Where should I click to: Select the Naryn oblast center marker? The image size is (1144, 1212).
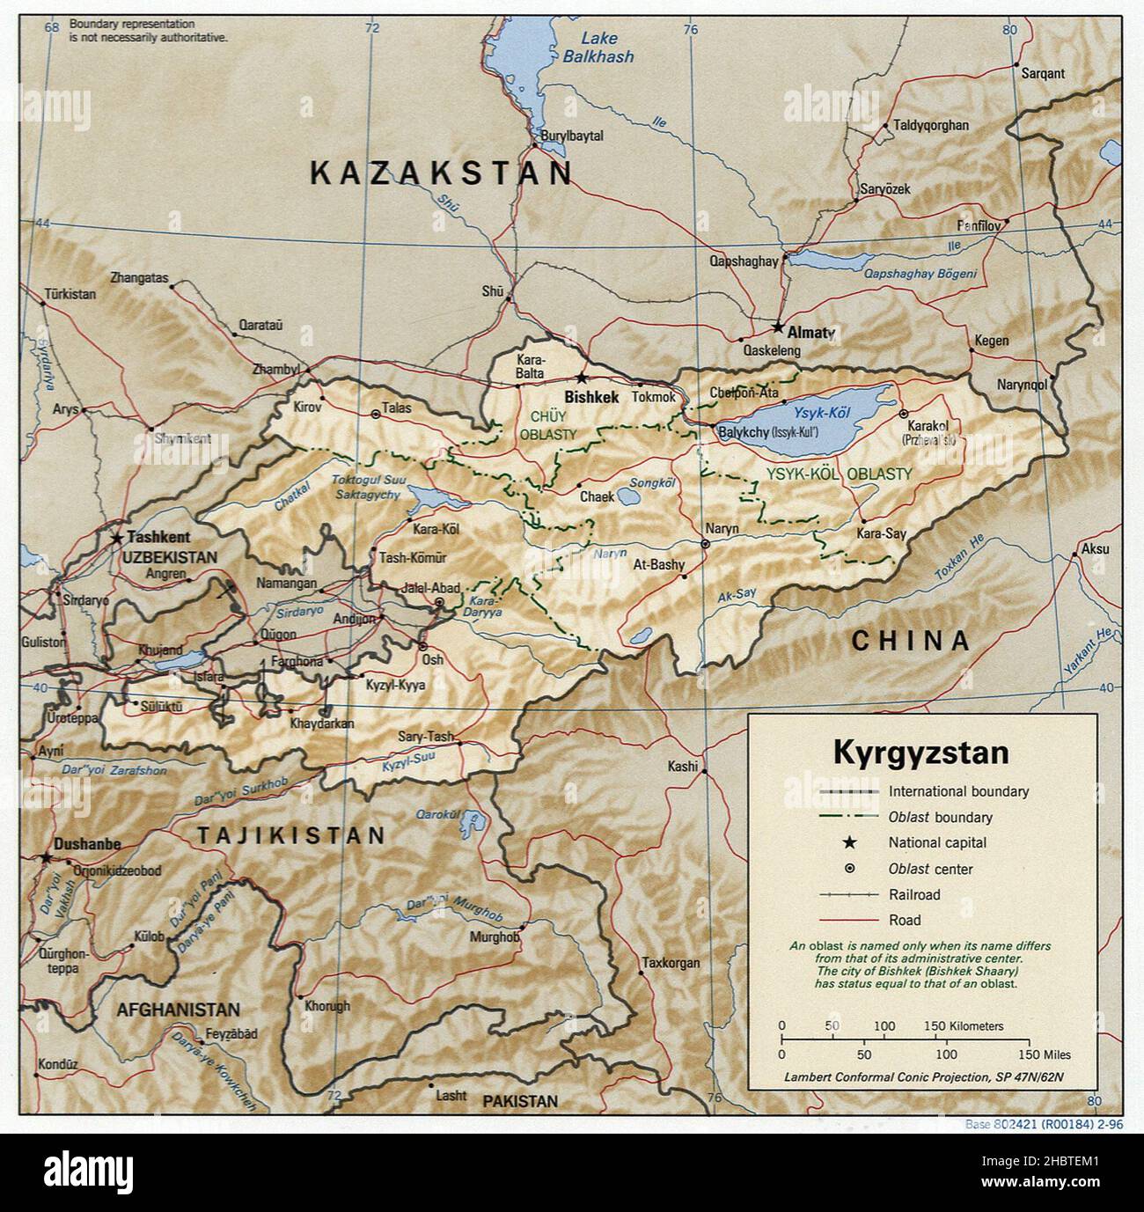(x=705, y=544)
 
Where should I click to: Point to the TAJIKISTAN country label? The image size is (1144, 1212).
(x=291, y=835)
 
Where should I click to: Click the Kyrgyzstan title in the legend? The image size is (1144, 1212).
(x=920, y=753)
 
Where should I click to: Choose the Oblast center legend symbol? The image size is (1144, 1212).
(x=849, y=869)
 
